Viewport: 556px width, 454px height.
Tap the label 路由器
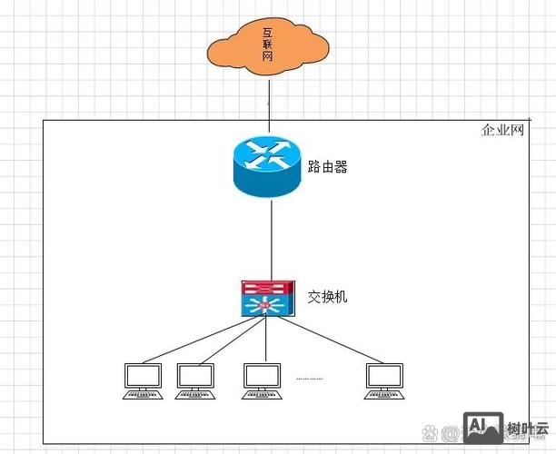coord(328,167)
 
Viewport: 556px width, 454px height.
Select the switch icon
coord(267,299)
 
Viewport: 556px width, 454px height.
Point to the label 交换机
coord(327,297)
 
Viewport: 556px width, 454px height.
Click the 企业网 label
coord(503,131)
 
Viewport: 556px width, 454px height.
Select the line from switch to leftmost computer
coord(195,340)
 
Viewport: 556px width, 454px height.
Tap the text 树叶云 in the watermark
coord(528,429)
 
